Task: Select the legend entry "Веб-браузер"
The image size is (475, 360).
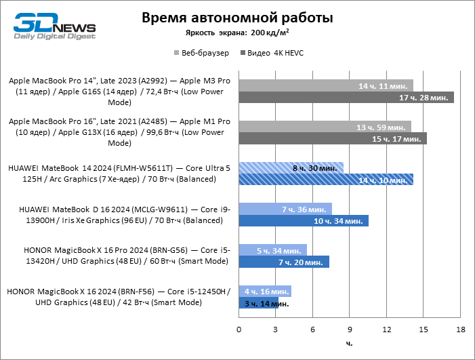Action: [202, 52]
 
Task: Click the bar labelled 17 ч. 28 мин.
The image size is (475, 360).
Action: [346, 98]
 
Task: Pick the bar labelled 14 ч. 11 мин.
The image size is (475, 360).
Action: [326, 86]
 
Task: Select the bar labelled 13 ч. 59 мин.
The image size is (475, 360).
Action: [325, 127]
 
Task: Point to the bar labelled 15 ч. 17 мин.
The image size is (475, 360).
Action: [333, 139]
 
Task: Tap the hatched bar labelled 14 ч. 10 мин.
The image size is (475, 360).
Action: [326, 180]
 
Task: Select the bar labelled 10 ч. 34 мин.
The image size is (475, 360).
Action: [304, 220]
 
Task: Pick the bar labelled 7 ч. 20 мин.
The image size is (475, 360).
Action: [284, 262]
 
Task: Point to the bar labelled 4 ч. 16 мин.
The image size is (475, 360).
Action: [265, 290]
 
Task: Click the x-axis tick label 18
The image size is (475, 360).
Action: [461, 329]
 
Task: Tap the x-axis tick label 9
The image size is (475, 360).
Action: [350, 329]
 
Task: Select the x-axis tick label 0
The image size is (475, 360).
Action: [239, 329]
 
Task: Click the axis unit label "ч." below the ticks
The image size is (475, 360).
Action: [349, 344]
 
